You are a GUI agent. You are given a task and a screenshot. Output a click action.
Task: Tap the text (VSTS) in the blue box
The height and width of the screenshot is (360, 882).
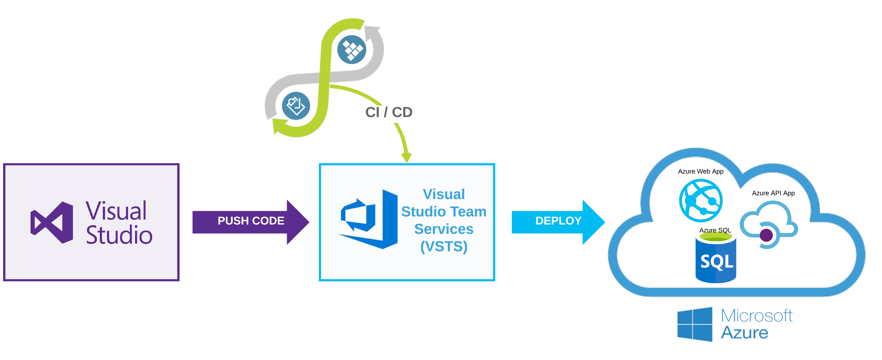(x=444, y=246)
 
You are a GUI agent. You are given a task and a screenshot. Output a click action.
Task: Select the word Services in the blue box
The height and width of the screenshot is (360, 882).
(x=444, y=229)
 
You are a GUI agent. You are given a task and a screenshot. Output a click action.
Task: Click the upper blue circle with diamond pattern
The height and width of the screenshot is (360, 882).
(x=352, y=50)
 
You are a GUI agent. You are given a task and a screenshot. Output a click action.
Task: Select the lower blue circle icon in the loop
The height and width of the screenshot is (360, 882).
(x=296, y=106)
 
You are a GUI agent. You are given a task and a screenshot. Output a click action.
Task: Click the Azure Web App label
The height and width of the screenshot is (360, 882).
(x=700, y=171)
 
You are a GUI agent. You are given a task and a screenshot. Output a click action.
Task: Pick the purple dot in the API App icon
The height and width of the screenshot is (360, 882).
(x=766, y=235)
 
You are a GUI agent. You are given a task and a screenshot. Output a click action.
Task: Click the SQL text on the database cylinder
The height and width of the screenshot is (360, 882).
(x=717, y=262)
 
